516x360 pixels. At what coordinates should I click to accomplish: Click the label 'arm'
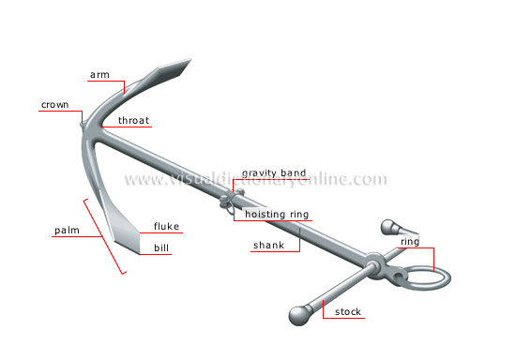pos(99,74)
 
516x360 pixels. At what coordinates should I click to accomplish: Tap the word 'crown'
pos(53,105)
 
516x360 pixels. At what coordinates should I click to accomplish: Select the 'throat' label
pos(134,121)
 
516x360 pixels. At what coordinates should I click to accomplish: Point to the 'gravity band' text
pos(274,173)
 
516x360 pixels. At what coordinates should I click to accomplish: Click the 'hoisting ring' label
pos(277,215)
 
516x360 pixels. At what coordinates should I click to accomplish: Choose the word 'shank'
pos(267,246)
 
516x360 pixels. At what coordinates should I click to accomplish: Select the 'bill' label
pos(162,249)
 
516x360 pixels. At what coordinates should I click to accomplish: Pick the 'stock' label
pos(348,311)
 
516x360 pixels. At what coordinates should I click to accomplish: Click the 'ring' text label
pos(409,242)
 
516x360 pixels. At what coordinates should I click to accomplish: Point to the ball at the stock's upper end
pos(388,226)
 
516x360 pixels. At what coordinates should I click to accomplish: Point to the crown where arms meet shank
pos(86,124)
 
